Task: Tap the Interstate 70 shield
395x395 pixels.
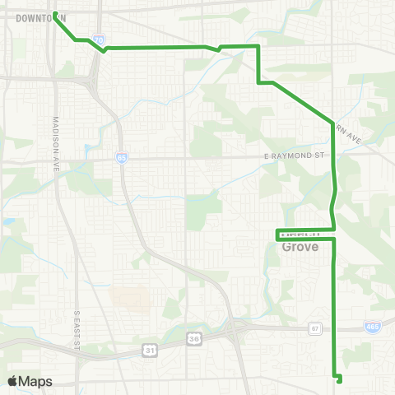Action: [99, 39]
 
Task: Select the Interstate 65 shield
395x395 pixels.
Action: [122, 158]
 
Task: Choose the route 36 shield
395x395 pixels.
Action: [194, 337]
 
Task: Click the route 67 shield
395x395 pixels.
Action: [314, 329]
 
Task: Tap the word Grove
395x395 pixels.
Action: [300, 246]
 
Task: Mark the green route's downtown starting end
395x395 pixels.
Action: [55, 14]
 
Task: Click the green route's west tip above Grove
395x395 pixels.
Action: [276, 234]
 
